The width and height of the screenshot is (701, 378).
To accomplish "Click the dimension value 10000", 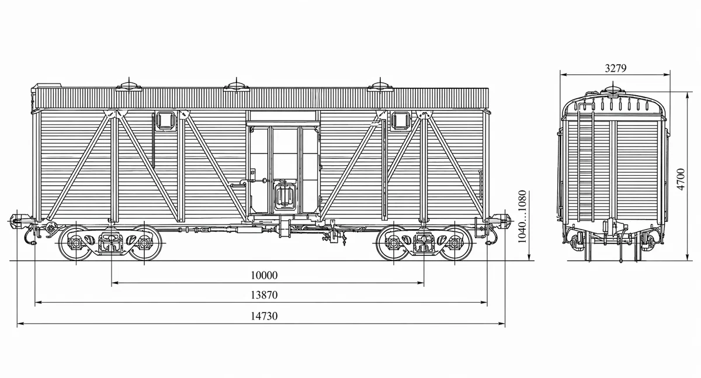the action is [264, 275].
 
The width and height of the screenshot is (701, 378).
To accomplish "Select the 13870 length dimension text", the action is [264, 295].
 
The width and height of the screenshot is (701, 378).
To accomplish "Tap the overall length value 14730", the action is [264, 316].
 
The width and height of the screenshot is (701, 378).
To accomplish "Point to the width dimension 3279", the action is [616, 68].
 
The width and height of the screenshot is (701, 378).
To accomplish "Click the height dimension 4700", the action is [681, 179].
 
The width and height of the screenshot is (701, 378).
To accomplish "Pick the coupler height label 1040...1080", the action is [522, 217].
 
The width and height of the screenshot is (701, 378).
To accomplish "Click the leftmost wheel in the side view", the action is [76, 242].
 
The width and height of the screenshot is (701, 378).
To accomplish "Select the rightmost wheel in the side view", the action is [455, 242].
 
